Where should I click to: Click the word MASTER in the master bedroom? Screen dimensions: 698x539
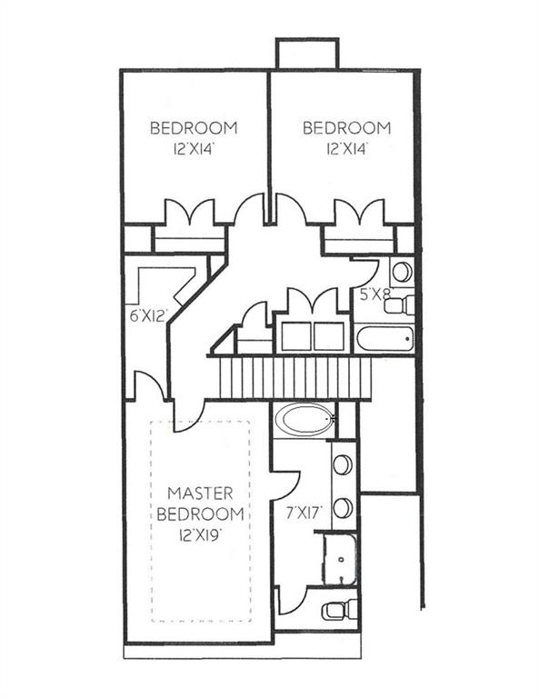[200, 494]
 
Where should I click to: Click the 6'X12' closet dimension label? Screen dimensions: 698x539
[148, 317]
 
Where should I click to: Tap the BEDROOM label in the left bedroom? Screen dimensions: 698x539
[194, 127]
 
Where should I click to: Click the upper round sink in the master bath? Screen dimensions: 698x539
[343, 464]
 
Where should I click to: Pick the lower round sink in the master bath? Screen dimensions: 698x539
[343, 507]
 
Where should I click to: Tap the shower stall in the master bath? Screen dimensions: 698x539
[341, 559]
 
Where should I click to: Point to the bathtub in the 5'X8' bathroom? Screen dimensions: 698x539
[384, 339]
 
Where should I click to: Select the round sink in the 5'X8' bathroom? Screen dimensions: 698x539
[401, 271]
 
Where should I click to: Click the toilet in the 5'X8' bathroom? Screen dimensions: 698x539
[400, 304]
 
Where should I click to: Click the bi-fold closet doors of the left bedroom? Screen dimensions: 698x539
[188, 214]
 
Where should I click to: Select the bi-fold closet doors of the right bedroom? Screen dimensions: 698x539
[359, 214]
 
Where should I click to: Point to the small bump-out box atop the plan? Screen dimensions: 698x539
[307, 54]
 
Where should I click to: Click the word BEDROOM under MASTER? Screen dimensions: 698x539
[200, 514]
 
